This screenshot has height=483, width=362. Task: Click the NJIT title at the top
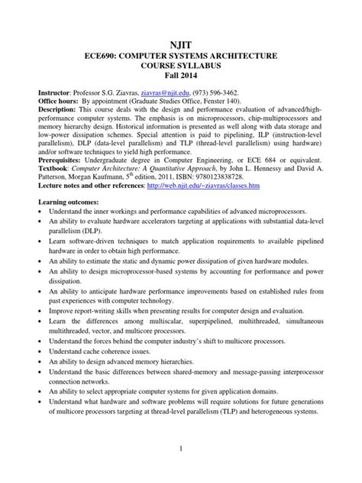[181, 45]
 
